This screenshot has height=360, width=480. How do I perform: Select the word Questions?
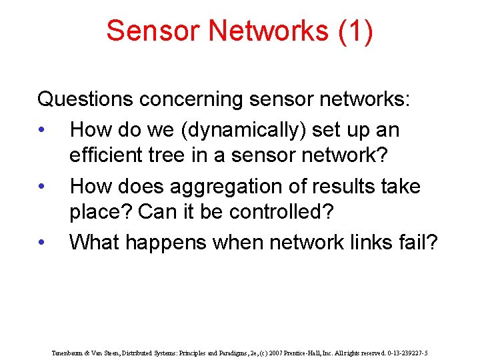coord(85,100)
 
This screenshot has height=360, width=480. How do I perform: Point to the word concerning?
coord(191,100)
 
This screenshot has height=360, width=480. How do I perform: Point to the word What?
coord(95,243)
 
